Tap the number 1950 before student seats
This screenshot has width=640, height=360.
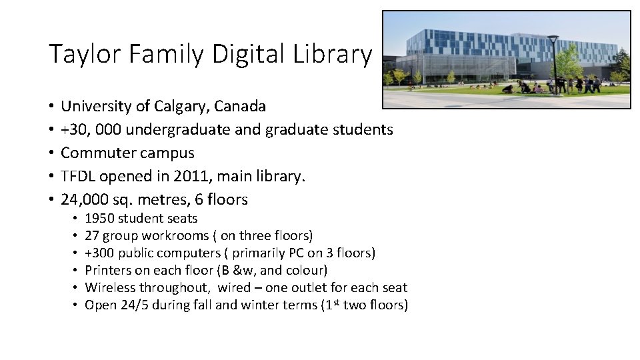(x=99, y=219)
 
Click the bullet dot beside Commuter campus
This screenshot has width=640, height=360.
(x=51, y=153)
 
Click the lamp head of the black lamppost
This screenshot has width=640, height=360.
(x=553, y=38)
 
